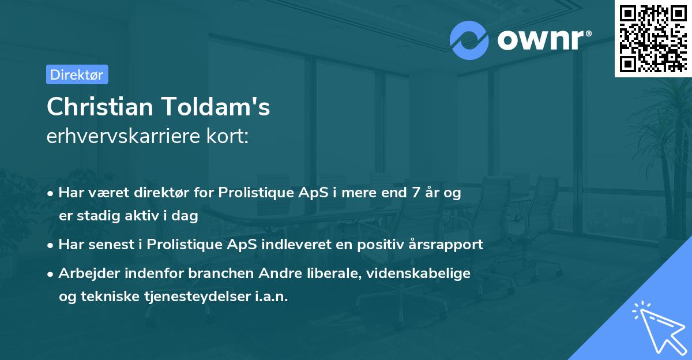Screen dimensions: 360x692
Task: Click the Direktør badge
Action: click(77, 74)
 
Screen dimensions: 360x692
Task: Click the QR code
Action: click(653, 38)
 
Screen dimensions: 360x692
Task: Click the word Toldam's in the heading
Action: click(222, 107)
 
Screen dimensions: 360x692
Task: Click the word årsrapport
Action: click(446, 244)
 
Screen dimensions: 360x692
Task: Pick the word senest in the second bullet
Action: click(109, 244)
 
